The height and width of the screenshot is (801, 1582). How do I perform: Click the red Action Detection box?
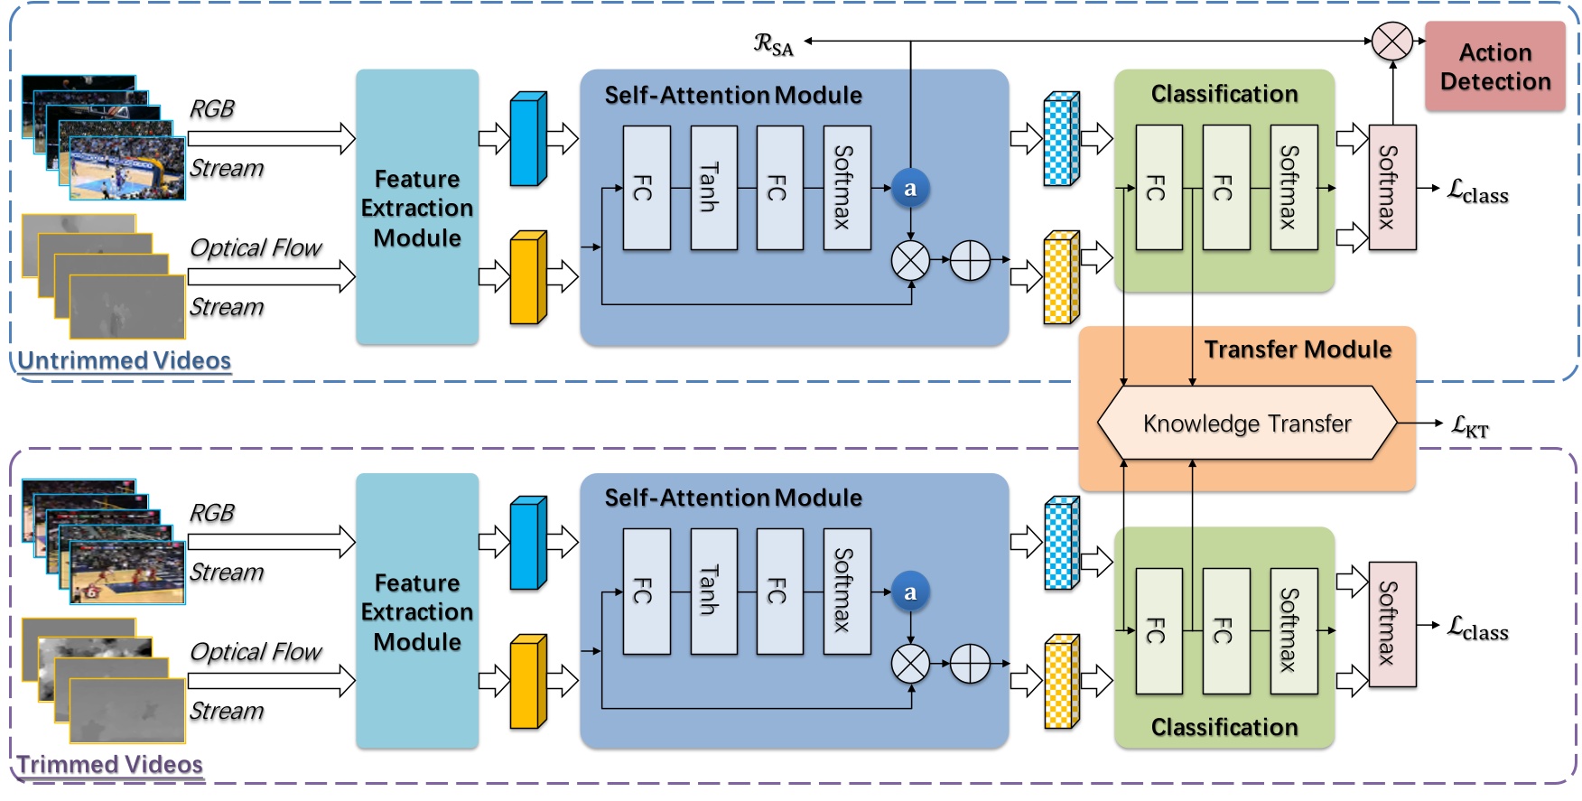[1494, 67]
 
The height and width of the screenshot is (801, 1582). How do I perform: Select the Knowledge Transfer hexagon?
[1247, 424]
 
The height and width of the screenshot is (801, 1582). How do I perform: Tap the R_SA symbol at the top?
[774, 44]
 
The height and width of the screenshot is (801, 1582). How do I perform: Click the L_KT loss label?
[1470, 426]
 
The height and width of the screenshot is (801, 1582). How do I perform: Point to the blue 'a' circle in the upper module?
[910, 189]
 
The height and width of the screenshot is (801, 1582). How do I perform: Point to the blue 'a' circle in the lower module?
[910, 592]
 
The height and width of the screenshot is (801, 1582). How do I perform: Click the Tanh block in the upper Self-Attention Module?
[714, 188]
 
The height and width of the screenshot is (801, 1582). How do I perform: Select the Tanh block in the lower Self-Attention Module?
[714, 591]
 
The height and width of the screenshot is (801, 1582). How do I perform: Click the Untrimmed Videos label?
[124, 361]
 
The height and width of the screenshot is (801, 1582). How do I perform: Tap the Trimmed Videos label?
[109, 765]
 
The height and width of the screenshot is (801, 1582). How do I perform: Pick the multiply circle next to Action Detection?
[1392, 42]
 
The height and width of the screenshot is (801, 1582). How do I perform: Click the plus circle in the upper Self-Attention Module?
[971, 260]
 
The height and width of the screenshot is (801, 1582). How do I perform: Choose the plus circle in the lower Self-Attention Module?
[971, 665]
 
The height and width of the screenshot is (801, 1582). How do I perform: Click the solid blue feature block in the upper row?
[528, 139]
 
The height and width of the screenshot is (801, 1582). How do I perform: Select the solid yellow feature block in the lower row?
[528, 681]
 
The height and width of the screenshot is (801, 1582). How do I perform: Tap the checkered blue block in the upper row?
[1062, 139]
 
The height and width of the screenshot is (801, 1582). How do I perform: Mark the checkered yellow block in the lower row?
[1062, 681]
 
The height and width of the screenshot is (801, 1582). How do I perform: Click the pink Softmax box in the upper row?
[1392, 188]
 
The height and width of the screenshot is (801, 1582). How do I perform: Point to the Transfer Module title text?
[1298, 349]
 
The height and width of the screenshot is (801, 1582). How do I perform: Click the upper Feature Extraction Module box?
[417, 207]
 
